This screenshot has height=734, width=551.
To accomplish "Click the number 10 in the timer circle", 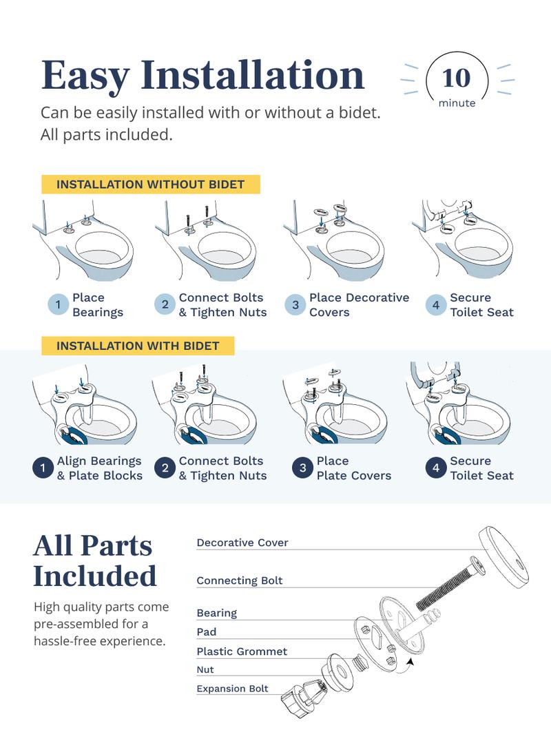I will click(457, 78).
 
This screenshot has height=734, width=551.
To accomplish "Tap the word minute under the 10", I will click(457, 103).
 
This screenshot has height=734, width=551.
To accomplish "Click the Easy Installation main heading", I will click(202, 75).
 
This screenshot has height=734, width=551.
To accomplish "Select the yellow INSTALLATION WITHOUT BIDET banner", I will click(150, 185).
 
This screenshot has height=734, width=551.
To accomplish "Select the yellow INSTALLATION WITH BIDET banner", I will click(138, 346).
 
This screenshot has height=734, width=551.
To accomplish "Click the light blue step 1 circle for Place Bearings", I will click(58, 305).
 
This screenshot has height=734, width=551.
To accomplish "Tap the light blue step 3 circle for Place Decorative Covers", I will click(295, 305).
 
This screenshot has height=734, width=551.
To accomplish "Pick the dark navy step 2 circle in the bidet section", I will click(165, 468).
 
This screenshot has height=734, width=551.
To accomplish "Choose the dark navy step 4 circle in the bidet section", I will click(435, 468).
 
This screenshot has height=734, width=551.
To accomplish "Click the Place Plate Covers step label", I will click(353, 468).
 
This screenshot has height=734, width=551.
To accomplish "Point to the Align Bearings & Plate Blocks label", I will click(99, 468).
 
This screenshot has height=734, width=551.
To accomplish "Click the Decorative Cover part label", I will click(242, 543).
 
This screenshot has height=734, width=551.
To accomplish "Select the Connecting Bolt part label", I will click(240, 580).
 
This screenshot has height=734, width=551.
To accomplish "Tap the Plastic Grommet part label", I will click(242, 651).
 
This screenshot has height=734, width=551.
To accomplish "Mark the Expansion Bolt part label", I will click(232, 689).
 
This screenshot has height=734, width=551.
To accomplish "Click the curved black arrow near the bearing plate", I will click(410, 663).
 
